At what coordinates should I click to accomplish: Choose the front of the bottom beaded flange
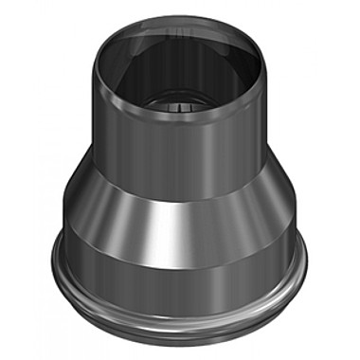pos(180,332)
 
